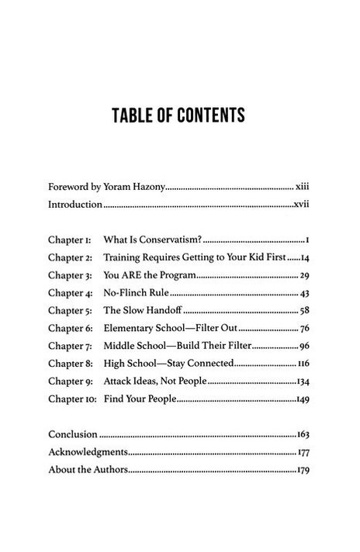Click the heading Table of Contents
(x=179, y=116)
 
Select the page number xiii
(x=302, y=186)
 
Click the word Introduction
(x=75, y=205)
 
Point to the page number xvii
(x=301, y=205)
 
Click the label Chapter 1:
(x=71, y=238)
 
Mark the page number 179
(x=303, y=470)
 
